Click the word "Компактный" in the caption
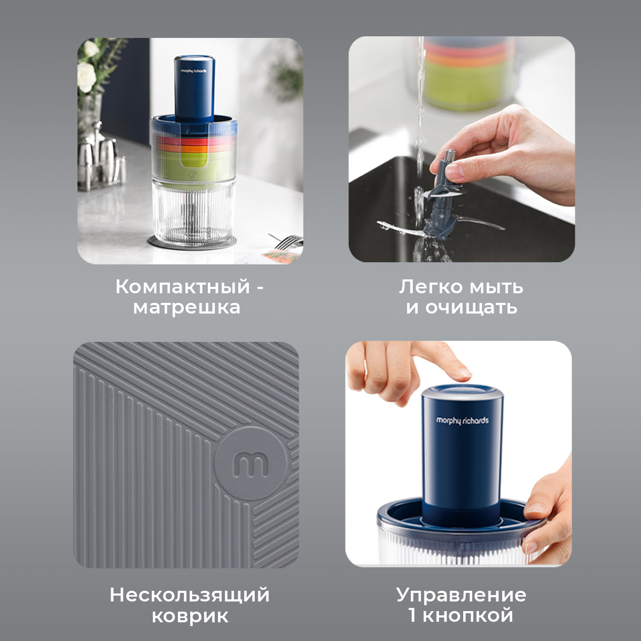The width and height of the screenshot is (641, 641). click(183, 287)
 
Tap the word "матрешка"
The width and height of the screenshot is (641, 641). click(186, 307)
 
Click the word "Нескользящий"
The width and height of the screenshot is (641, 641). click(189, 595)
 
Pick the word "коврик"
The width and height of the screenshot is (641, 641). click(190, 616)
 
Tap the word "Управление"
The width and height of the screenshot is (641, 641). click(461, 595)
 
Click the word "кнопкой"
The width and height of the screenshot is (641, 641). click(468, 615)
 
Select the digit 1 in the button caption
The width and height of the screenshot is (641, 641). click(412, 615)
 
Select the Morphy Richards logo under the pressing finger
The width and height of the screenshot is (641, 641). click(463, 420)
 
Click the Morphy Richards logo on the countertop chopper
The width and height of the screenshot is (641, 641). click(193, 71)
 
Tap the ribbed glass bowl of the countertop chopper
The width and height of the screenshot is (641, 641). click(194, 214)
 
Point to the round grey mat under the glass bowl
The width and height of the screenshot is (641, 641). click(193, 243)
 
